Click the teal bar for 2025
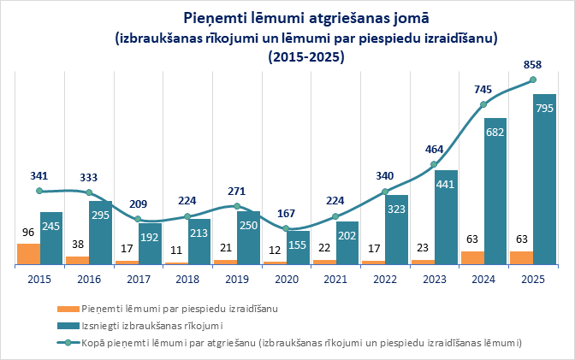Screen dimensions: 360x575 pos(544,180)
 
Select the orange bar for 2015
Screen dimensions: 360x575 pos(28,254)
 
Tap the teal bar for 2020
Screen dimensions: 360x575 pos(298,248)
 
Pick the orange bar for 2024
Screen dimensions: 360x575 pos(471,257)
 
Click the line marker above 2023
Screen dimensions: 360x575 pos(434,164)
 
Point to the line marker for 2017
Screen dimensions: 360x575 pos(138,220)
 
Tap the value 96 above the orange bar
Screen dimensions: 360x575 pos(28,232)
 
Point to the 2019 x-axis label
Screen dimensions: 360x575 pos(236,279)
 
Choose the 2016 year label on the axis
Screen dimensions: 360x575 pos(88,279)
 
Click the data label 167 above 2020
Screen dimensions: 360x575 pos(286,213)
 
